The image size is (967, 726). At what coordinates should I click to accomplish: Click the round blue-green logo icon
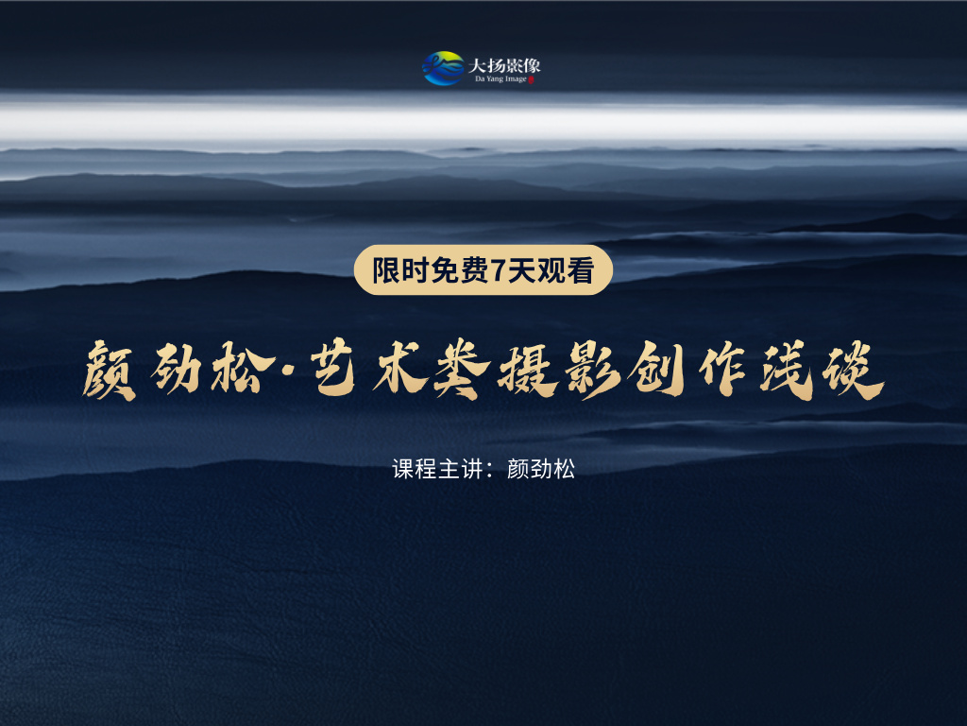[444, 68]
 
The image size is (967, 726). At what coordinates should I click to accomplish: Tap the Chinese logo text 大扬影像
[504, 65]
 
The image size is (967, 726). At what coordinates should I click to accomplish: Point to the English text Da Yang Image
[500, 79]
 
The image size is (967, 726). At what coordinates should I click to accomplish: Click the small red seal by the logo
[531, 79]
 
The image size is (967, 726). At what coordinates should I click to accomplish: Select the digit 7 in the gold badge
[499, 271]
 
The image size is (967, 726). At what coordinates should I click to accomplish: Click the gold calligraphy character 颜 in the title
[110, 372]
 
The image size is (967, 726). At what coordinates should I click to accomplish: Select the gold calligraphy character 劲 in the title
[177, 370]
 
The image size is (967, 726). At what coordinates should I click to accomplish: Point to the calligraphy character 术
[400, 369]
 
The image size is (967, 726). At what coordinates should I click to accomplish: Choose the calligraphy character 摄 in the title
[528, 371]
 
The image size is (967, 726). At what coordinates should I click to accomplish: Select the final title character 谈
[854, 371]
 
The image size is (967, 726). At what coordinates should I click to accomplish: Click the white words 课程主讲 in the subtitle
[437, 469]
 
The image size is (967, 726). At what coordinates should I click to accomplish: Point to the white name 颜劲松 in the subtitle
[541, 469]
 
